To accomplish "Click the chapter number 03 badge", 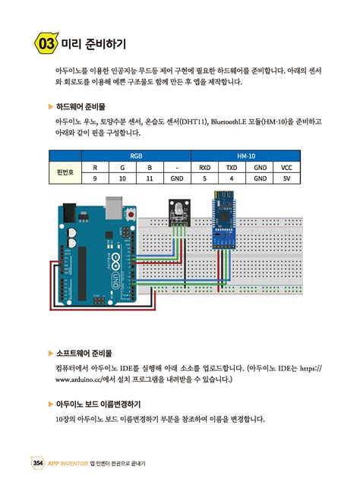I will point(45,43).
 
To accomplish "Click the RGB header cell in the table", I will point(136,155).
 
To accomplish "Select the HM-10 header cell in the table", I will point(245,155).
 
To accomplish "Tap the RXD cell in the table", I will point(204,167).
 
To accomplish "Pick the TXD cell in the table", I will point(232,167).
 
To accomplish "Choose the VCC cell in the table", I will point(286,167).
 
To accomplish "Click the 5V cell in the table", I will point(286,179).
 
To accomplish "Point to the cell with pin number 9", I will point(95,179).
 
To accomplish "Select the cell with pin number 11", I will point(150,179).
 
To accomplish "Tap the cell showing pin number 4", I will point(232,179).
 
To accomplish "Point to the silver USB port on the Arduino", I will point(113,206).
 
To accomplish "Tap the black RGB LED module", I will point(177,209).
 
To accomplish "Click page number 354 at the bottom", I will point(36,463).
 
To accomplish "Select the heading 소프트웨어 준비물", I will point(84,353).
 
